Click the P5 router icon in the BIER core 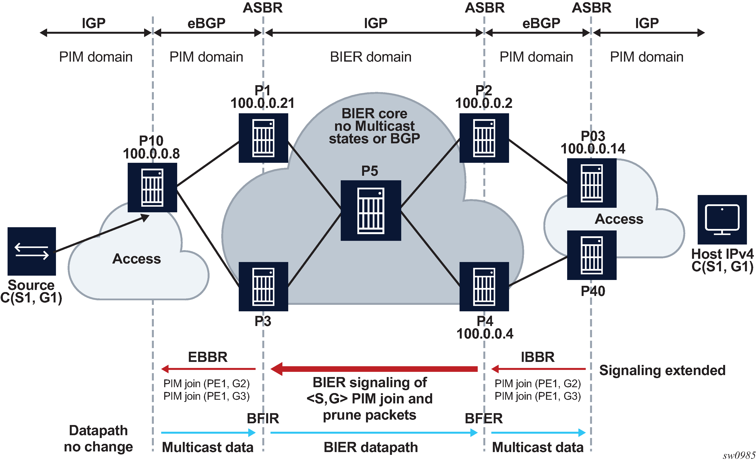pos(371,210)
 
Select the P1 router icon pos(263,138)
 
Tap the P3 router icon pos(263,286)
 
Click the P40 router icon pos(592,255)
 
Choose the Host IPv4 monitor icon pos(722,219)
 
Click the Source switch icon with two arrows pos(32,251)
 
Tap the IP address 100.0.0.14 pos(593,149)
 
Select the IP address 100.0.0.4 pos(485,334)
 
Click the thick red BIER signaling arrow pos(374,369)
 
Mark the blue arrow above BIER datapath pos(374,433)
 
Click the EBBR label pos(208,357)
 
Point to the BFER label pos(484,418)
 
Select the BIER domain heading pos(371,57)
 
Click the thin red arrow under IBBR pos(538,369)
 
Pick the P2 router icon pos(484,138)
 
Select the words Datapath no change pos(98,439)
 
